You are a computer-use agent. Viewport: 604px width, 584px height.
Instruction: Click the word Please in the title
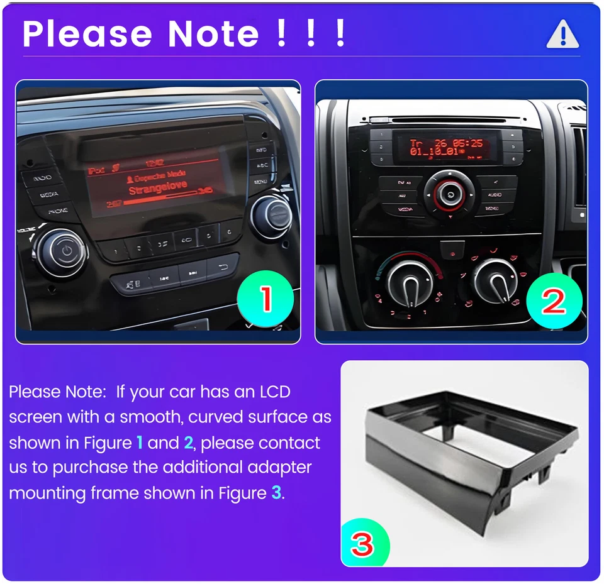[87, 34]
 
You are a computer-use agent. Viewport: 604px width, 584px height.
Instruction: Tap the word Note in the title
[213, 34]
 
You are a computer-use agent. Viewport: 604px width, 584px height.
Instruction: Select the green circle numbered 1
[266, 299]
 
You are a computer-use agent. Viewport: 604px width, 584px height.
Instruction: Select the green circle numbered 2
[554, 302]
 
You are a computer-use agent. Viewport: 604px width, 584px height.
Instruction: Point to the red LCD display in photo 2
[447, 146]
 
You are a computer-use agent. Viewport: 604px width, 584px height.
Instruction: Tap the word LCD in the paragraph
[275, 392]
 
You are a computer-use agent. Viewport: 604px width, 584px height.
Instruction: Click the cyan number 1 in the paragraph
[140, 443]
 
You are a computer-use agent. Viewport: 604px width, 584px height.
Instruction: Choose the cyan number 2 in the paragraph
[188, 443]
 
